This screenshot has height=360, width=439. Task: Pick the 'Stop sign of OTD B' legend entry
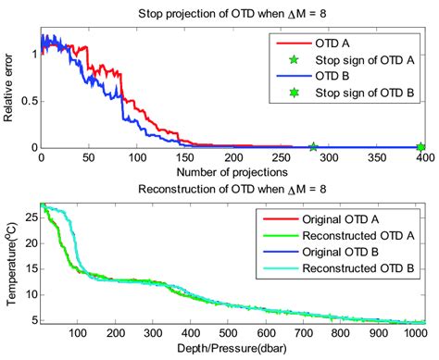click(x=370, y=93)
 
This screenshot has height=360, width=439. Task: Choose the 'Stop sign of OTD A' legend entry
click(x=370, y=59)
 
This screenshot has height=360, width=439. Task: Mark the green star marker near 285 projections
click(x=313, y=147)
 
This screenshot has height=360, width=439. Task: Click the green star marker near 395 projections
click(x=420, y=147)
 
